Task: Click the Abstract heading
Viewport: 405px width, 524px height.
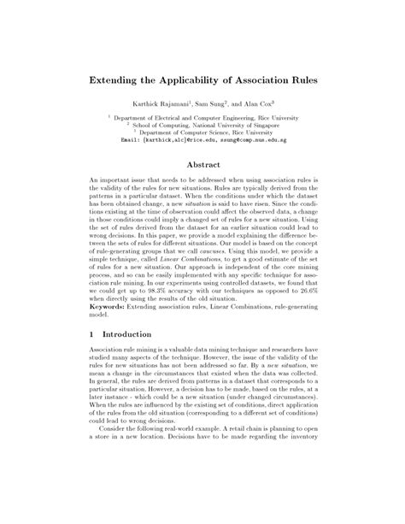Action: (202, 167)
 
